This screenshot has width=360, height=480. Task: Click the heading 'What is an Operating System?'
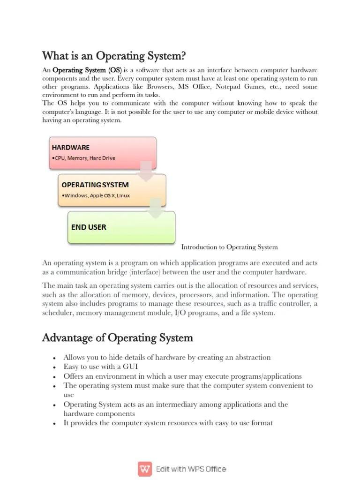(x=114, y=56)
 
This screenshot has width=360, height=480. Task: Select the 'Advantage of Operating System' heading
(x=117, y=337)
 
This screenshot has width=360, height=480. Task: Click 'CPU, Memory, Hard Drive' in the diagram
(x=84, y=158)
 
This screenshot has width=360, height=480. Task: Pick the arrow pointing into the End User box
(x=156, y=208)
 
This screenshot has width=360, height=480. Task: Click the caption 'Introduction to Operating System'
(x=229, y=247)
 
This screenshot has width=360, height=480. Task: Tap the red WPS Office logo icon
(x=145, y=469)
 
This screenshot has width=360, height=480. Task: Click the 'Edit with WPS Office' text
(x=191, y=469)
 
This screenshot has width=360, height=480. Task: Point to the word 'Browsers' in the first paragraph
(x=160, y=87)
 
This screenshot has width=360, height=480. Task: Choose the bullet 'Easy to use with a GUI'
(x=100, y=367)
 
